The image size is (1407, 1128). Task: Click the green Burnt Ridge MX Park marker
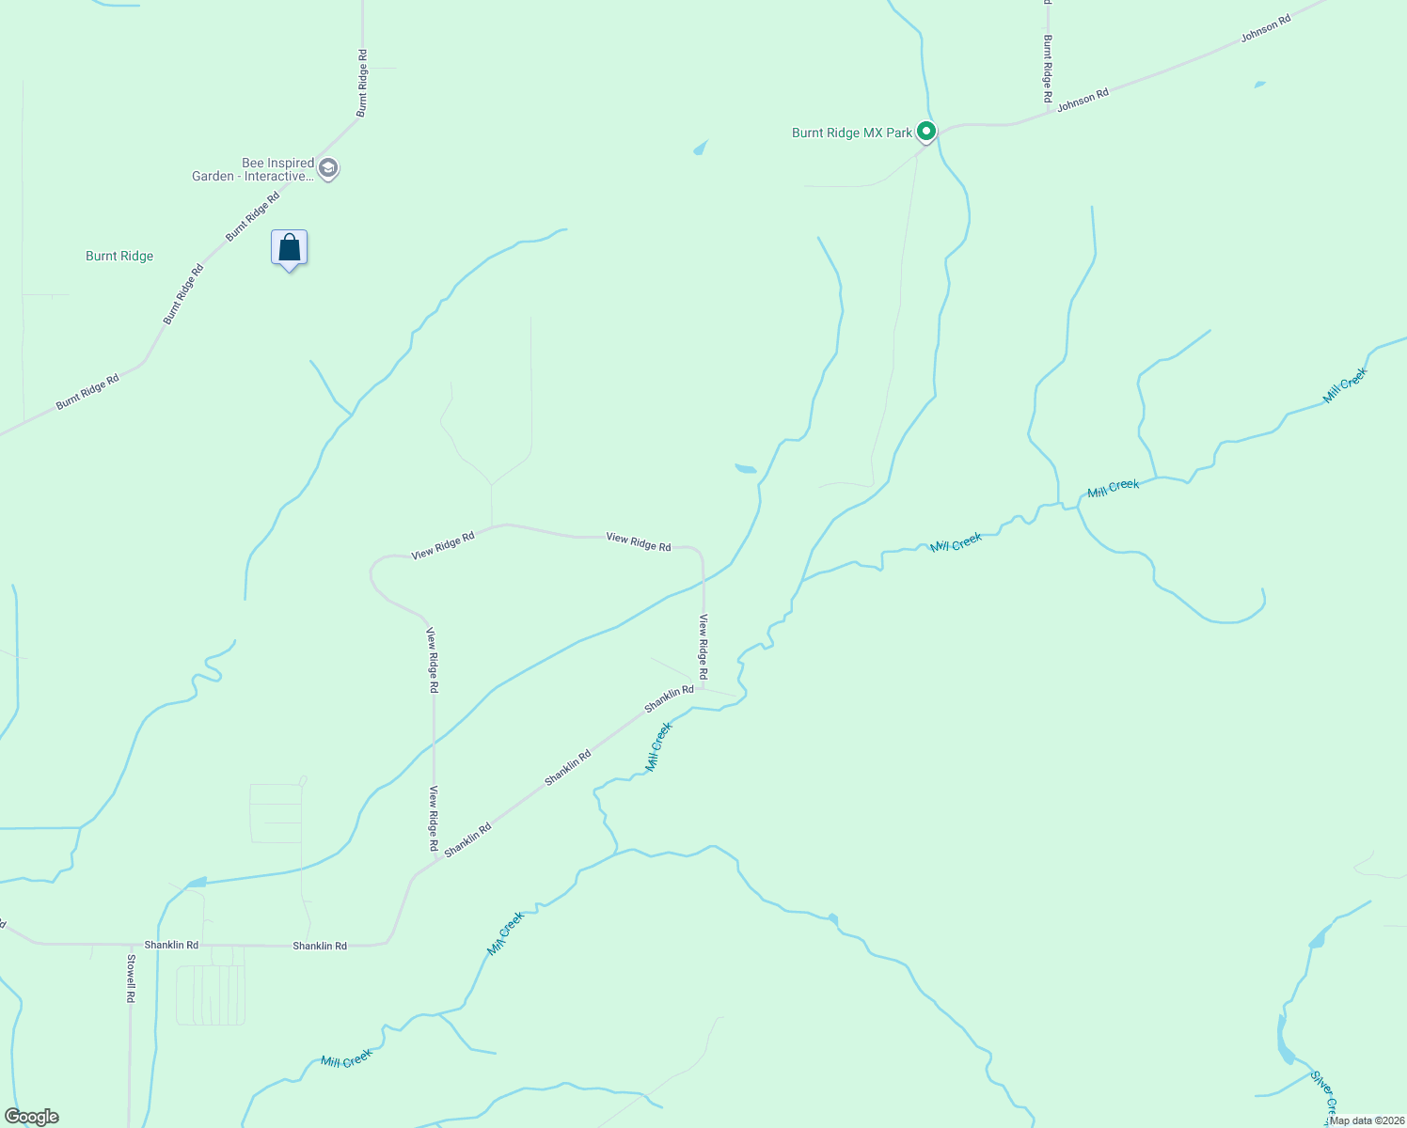coord(926,133)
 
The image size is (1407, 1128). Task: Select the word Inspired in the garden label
coord(291,164)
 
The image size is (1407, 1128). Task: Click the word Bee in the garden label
coord(253,164)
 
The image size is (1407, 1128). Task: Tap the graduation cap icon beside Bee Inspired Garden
coord(328,169)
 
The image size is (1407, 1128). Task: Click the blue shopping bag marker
coord(290,249)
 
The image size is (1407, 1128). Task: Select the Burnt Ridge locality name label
coord(119,256)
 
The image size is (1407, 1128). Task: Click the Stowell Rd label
coord(132,979)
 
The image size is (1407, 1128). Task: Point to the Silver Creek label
coord(1324,1094)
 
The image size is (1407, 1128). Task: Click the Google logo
coord(31,1117)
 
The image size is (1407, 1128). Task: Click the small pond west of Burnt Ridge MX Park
coord(701,148)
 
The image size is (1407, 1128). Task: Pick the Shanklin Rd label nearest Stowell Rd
coord(171,945)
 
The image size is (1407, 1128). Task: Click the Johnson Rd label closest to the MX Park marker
coord(1083,100)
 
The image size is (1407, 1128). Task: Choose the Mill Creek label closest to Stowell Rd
coord(347,1059)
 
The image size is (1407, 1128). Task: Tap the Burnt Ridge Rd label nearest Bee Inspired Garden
coord(253,216)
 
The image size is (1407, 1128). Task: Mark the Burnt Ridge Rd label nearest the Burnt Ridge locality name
coord(183,295)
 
